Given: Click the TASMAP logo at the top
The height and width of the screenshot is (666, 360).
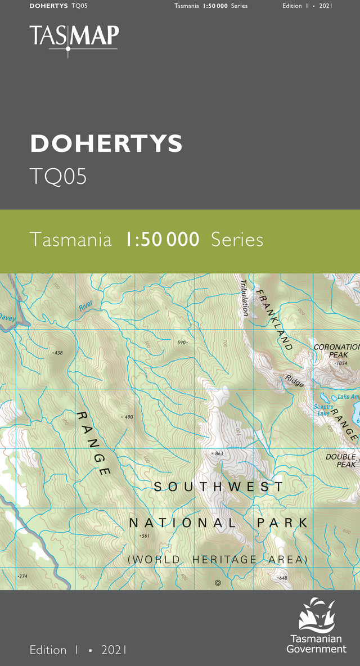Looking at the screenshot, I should (x=74, y=37).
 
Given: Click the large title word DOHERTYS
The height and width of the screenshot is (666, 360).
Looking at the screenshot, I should (x=106, y=144).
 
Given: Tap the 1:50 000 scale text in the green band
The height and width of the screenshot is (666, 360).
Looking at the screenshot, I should (x=162, y=240).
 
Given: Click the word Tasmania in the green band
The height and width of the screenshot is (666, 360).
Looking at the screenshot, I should (x=70, y=240).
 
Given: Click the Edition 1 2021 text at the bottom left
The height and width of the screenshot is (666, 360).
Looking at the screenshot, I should (x=78, y=650).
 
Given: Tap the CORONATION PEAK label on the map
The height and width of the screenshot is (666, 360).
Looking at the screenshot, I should (x=336, y=351).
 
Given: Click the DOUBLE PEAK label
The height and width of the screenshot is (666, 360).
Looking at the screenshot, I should (x=341, y=461).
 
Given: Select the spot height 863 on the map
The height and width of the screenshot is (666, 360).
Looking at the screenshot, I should (x=218, y=453).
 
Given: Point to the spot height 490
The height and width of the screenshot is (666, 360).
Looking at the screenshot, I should (x=127, y=417).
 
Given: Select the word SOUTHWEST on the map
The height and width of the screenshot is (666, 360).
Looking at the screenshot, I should (x=219, y=487).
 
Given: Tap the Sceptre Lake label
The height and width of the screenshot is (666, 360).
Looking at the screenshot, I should (x=324, y=409).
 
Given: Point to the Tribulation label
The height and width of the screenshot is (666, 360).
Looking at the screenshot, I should (x=244, y=298).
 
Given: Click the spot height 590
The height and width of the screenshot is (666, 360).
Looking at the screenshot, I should (x=182, y=342).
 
